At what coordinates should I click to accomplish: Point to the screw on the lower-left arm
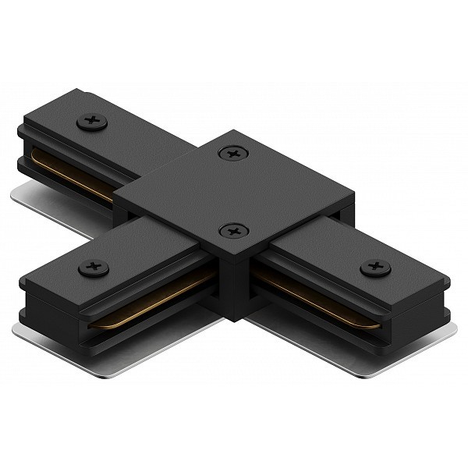tap(93, 268)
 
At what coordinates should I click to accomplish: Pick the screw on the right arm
tap(375, 268)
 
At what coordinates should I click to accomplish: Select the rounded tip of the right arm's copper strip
tap(378, 321)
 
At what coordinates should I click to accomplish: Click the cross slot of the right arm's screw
tap(375, 268)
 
